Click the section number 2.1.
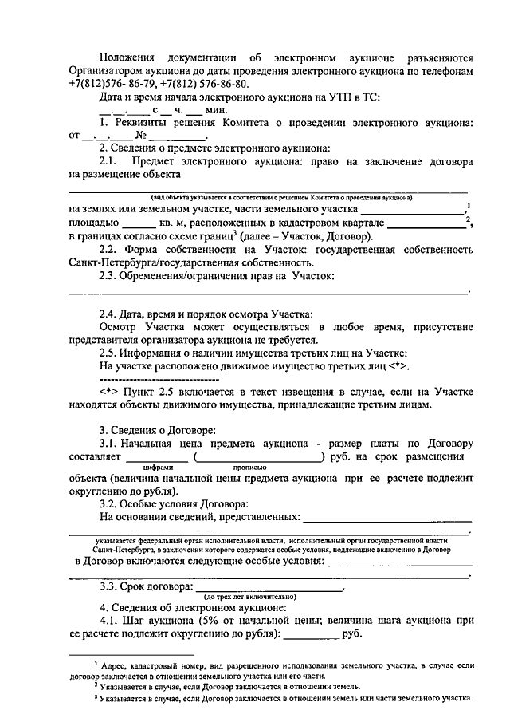click(x=109, y=160)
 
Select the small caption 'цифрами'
click(x=157, y=468)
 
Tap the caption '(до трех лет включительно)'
click(x=250, y=596)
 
